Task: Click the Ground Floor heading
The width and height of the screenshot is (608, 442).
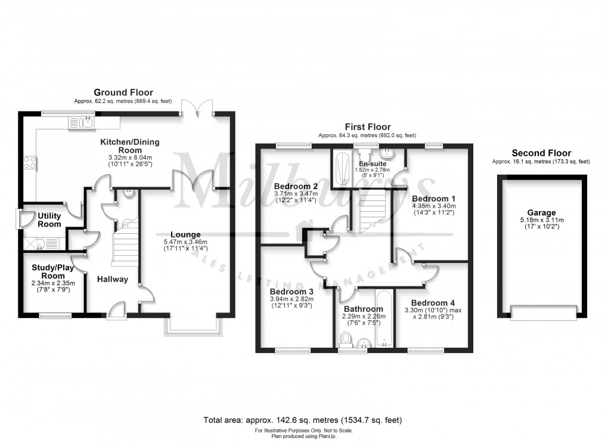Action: [x=123, y=92]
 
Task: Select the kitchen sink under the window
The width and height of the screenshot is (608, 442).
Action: [x=82, y=123]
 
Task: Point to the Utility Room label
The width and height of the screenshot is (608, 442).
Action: [x=49, y=220]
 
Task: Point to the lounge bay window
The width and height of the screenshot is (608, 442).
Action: [x=196, y=326]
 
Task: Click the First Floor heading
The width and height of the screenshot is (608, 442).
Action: [x=367, y=127]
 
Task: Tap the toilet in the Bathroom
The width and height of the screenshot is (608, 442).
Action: [x=345, y=339]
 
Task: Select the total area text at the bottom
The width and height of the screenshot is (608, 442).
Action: [x=303, y=421]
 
